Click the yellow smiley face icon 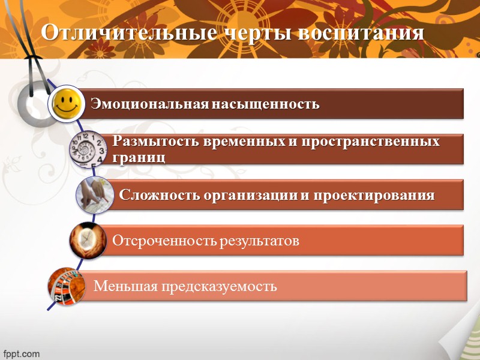pyautogui.click(x=66, y=103)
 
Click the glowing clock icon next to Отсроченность pyautogui.click(x=88, y=240)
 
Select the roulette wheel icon pyautogui.click(x=66, y=286)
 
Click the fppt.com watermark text pyautogui.click(x=22, y=353)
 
